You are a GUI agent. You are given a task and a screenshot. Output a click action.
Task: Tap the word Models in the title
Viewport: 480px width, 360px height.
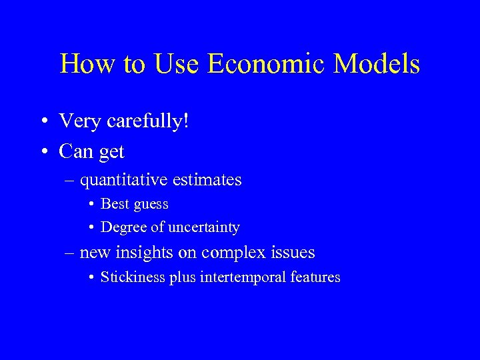click(x=379, y=64)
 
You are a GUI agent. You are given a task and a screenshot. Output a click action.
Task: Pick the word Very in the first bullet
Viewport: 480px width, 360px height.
click(x=78, y=121)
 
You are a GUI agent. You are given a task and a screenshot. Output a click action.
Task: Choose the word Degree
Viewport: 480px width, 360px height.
click(x=122, y=227)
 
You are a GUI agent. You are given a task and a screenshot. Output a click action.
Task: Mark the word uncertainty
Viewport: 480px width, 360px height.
click(x=203, y=227)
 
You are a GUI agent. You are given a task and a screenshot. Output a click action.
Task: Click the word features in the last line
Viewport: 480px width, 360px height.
click(x=317, y=277)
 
